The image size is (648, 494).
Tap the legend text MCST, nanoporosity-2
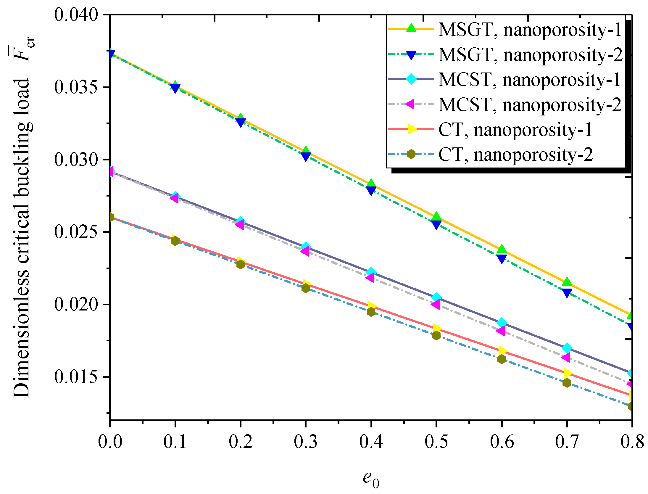pyautogui.click(x=530, y=105)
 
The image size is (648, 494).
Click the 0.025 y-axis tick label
pyautogui.click(x=76, y=232)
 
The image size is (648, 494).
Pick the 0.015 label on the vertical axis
pyautogui.click(x=76, y=377)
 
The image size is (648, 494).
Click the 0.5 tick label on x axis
pyautogui.click(x=436, y=442)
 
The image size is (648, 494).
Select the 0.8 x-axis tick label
pyautogui.click(x=632, y=442)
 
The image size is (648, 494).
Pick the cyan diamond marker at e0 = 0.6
pyautogui.click(x=502, y=323)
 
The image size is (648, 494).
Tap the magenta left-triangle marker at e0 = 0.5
pyautogui.click(x=436, y=304)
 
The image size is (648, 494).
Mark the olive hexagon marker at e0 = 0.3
pyautogui.click(x=306, y=288)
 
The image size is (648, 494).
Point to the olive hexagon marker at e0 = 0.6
pyautogui.click(x=502, y=359)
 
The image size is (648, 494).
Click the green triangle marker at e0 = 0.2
pyautogui.click(x=241, y=118)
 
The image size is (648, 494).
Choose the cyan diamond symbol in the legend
pyautogui.click(x=411, y=79)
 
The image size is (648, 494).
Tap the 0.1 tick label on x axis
pyautogui.click(x=175, y=442)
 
